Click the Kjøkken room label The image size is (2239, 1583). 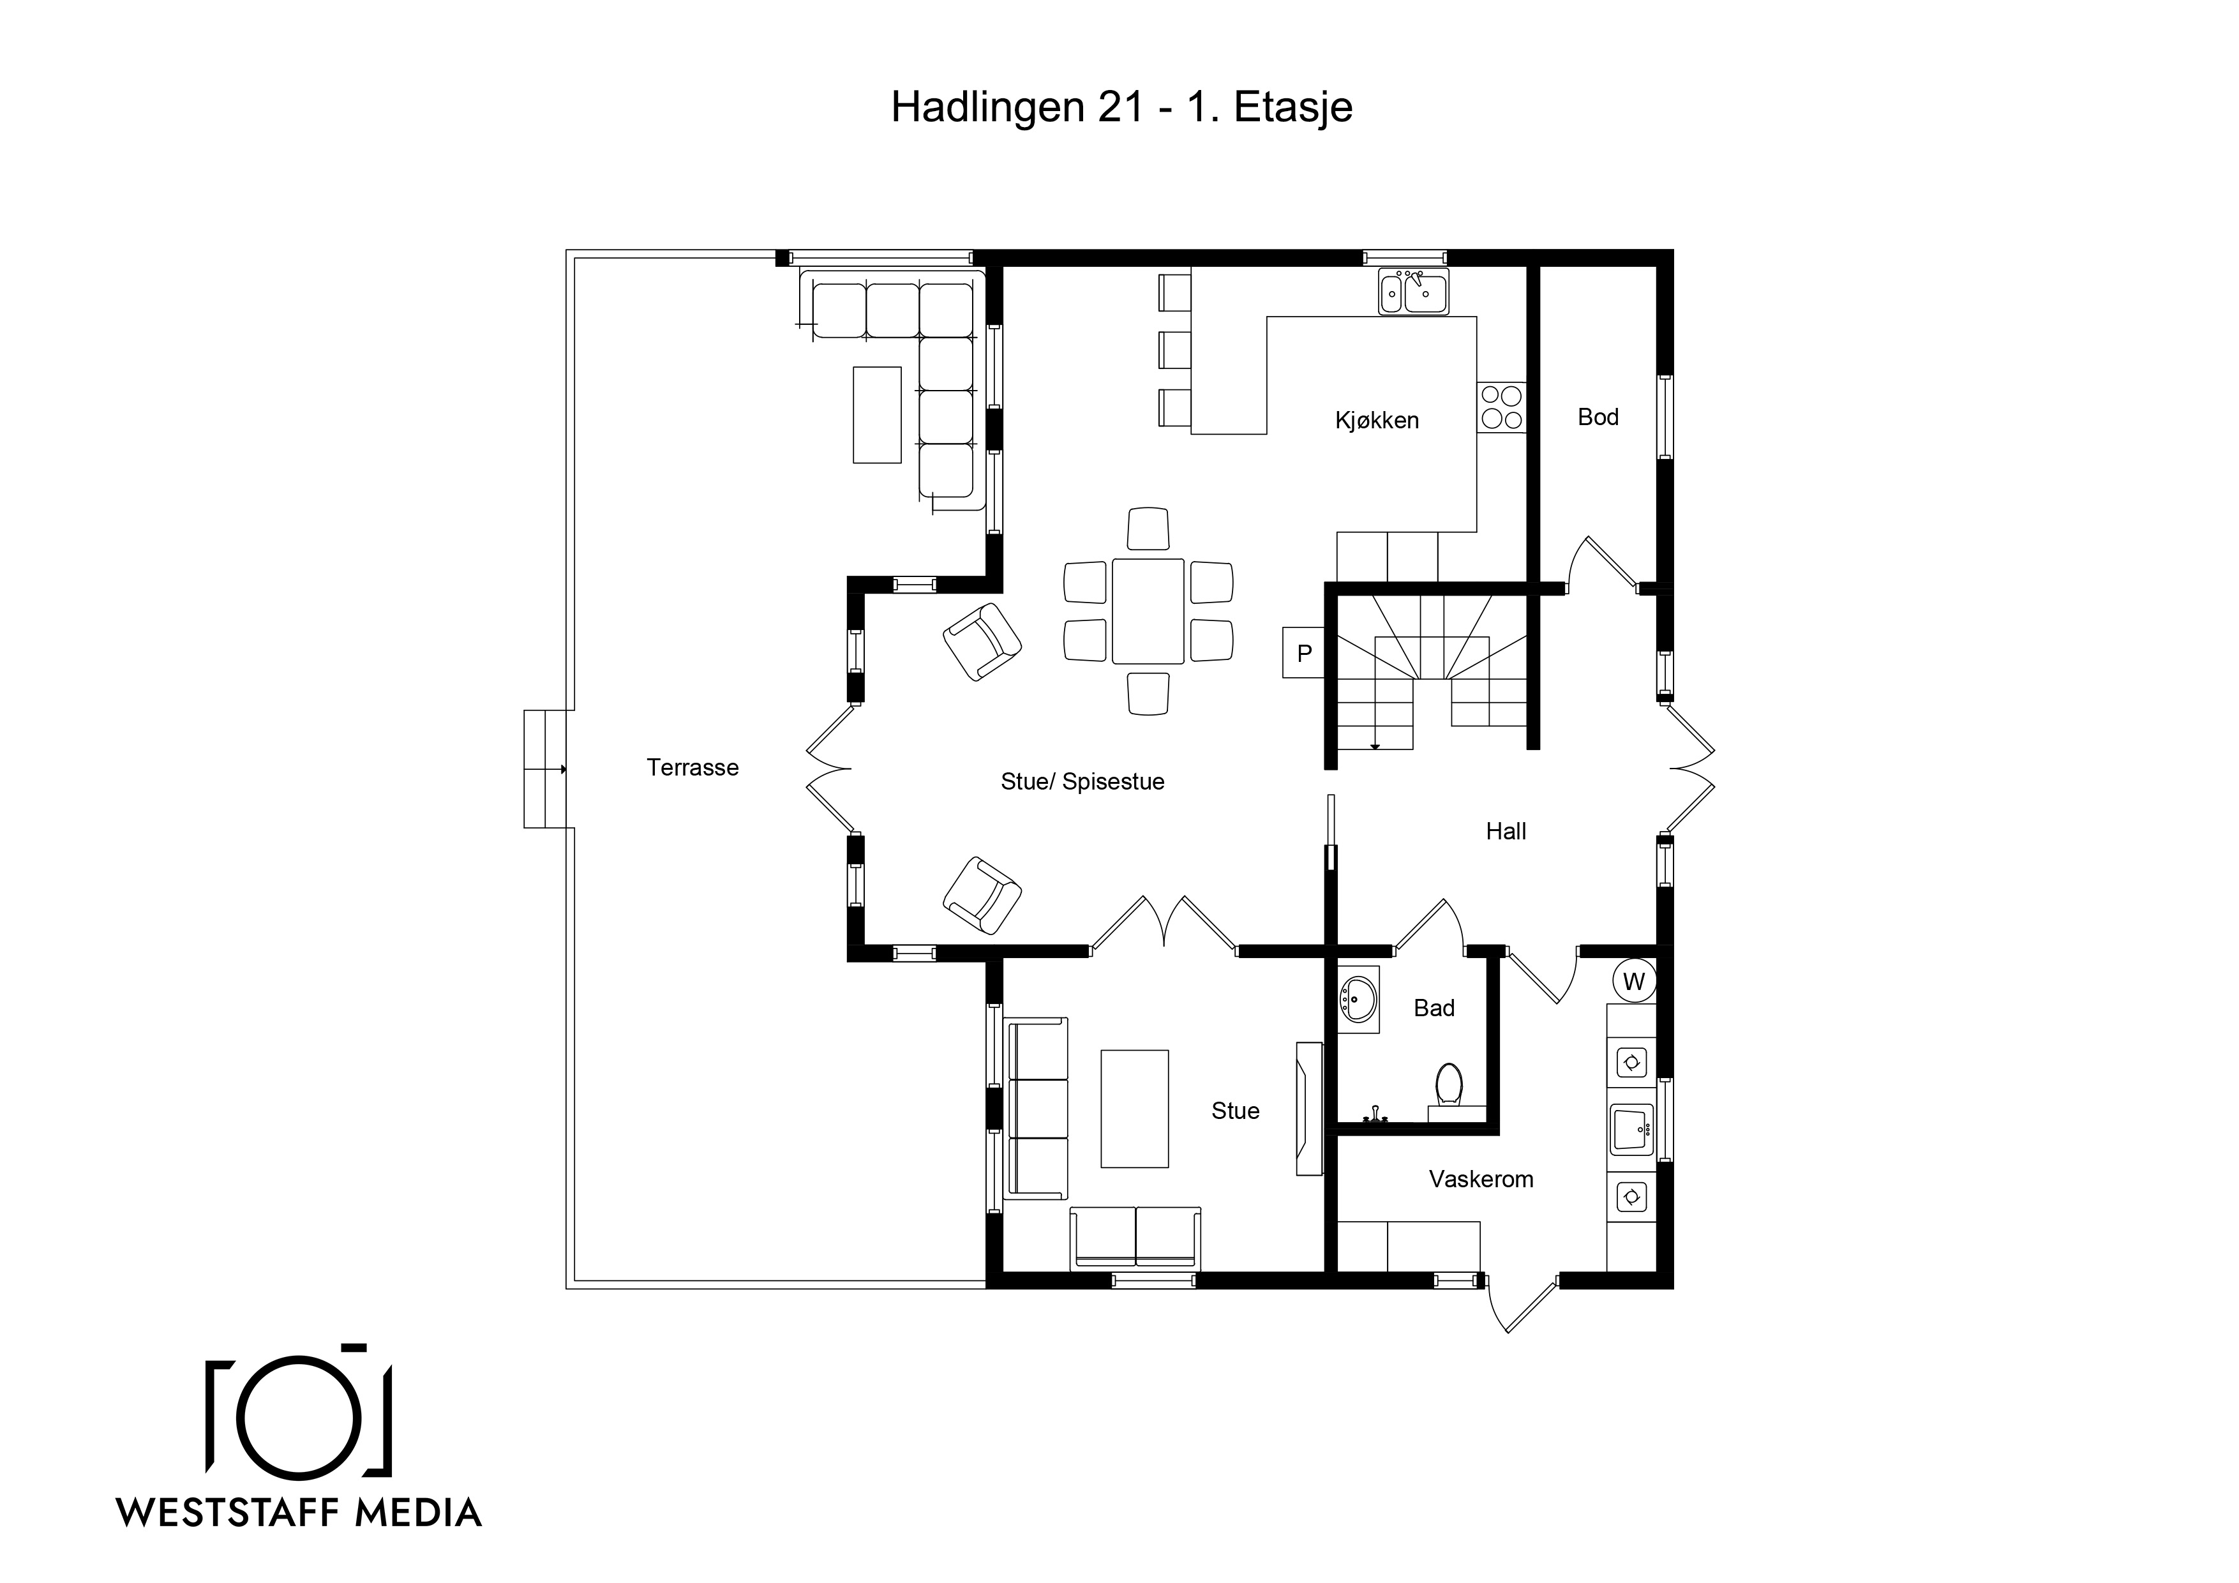[1376, 421]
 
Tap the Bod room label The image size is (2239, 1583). [1598, 417]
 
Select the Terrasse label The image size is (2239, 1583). [693, 768]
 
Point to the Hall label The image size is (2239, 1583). [1506, 831]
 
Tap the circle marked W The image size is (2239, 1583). [1635, 981]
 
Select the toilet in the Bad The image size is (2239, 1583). [1448, 1086]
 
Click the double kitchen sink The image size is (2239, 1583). [1414, 290]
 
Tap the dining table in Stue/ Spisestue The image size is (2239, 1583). [1148, 611]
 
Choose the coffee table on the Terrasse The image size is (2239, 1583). [877, 414]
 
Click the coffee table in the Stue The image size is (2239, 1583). [1134, 1108]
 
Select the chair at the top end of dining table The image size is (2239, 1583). [1148, 529]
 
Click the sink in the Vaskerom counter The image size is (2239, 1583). [1631, 1130]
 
